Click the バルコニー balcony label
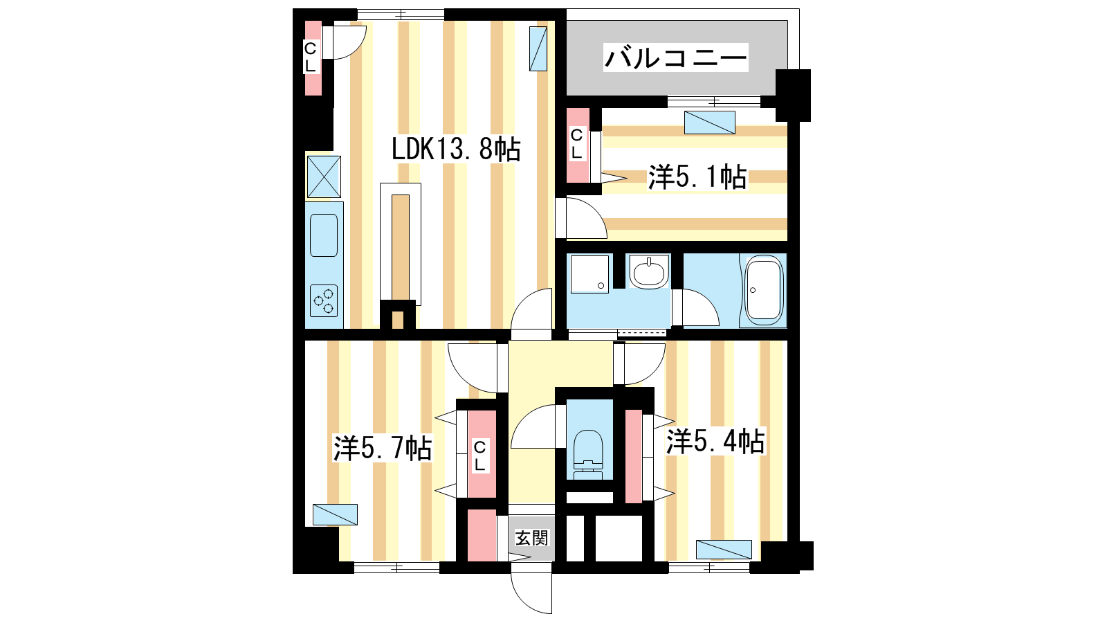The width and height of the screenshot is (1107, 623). coord(675,58)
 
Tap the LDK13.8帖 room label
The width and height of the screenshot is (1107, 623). coord(456,149)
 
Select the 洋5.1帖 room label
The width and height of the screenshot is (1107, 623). coord(697,177)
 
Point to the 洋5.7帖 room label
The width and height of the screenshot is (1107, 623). coord(383,449)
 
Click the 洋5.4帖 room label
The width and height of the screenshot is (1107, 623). coord(715,442)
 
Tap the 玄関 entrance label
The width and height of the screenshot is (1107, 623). coord(532,538)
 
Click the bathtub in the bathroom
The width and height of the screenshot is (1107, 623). coord(764,290)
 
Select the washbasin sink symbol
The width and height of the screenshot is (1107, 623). coord(649,273)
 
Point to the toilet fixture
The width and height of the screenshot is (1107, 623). coord(589,455)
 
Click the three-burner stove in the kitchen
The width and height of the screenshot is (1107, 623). coord(324,300)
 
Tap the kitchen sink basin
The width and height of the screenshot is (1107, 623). coord(324,235)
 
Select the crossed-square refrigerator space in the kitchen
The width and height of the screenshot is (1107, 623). coord(324,177)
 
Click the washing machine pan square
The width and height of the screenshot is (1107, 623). coord(589,274)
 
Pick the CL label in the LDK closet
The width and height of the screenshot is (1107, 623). coord(310,57)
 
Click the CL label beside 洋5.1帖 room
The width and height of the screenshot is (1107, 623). coord(576,144)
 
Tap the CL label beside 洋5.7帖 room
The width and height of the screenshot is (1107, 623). coord(479,456)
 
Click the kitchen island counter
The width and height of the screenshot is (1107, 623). coord(401,244)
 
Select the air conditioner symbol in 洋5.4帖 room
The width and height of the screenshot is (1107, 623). coord(724,550)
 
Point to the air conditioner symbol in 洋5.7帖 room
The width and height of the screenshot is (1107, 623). coord(335,515)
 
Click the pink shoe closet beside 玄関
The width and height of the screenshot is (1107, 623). coord(482,536)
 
